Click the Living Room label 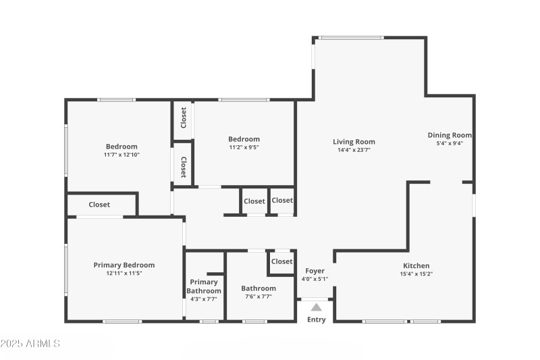click(x=354, y=142)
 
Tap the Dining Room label click(x=450, y=135)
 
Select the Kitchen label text click(x=416, y=265)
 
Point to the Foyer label click(x=315, y=271)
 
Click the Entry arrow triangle click(x=316, y=307)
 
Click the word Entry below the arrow click(x=316, y=319)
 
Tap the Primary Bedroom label click(x=124, y=265)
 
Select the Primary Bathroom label click(x=204, y=286)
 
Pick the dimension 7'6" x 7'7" click(x=259, y=297)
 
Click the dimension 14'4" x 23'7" click(x=354, y=150)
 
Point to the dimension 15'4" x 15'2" click(x=416, y=274)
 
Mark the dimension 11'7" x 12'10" click(x=122, y=155)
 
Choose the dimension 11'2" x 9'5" click(x=244, y=147)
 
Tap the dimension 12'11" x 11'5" click(x=124, y=273)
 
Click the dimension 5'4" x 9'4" click(x=450, y=143)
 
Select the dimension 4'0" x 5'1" click(x=315, y=279)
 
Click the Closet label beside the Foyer click(x=281, y=261)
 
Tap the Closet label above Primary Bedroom click(x=99, y=205)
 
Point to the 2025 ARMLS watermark click(x=30, y=344)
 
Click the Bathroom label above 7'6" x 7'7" click(x=259, y=288)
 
